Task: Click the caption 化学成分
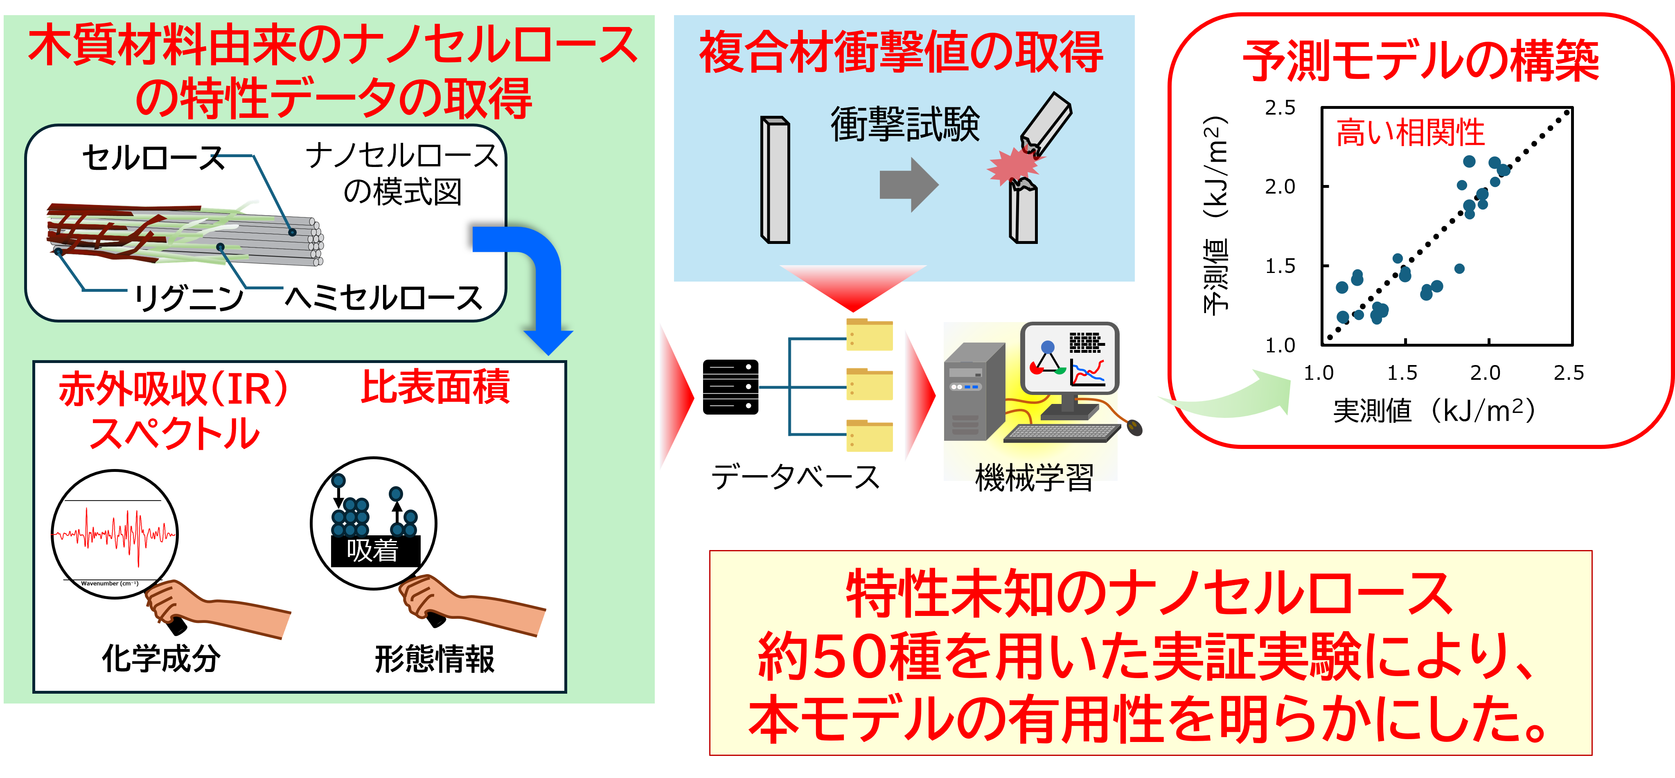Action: [161, 658]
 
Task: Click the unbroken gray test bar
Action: [775, 180]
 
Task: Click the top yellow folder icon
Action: [869, 335]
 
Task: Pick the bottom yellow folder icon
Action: [869, 436]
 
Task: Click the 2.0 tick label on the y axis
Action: [1280, 187]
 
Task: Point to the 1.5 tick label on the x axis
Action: [1402, 373]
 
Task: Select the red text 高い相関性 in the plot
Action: [1410, 133]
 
